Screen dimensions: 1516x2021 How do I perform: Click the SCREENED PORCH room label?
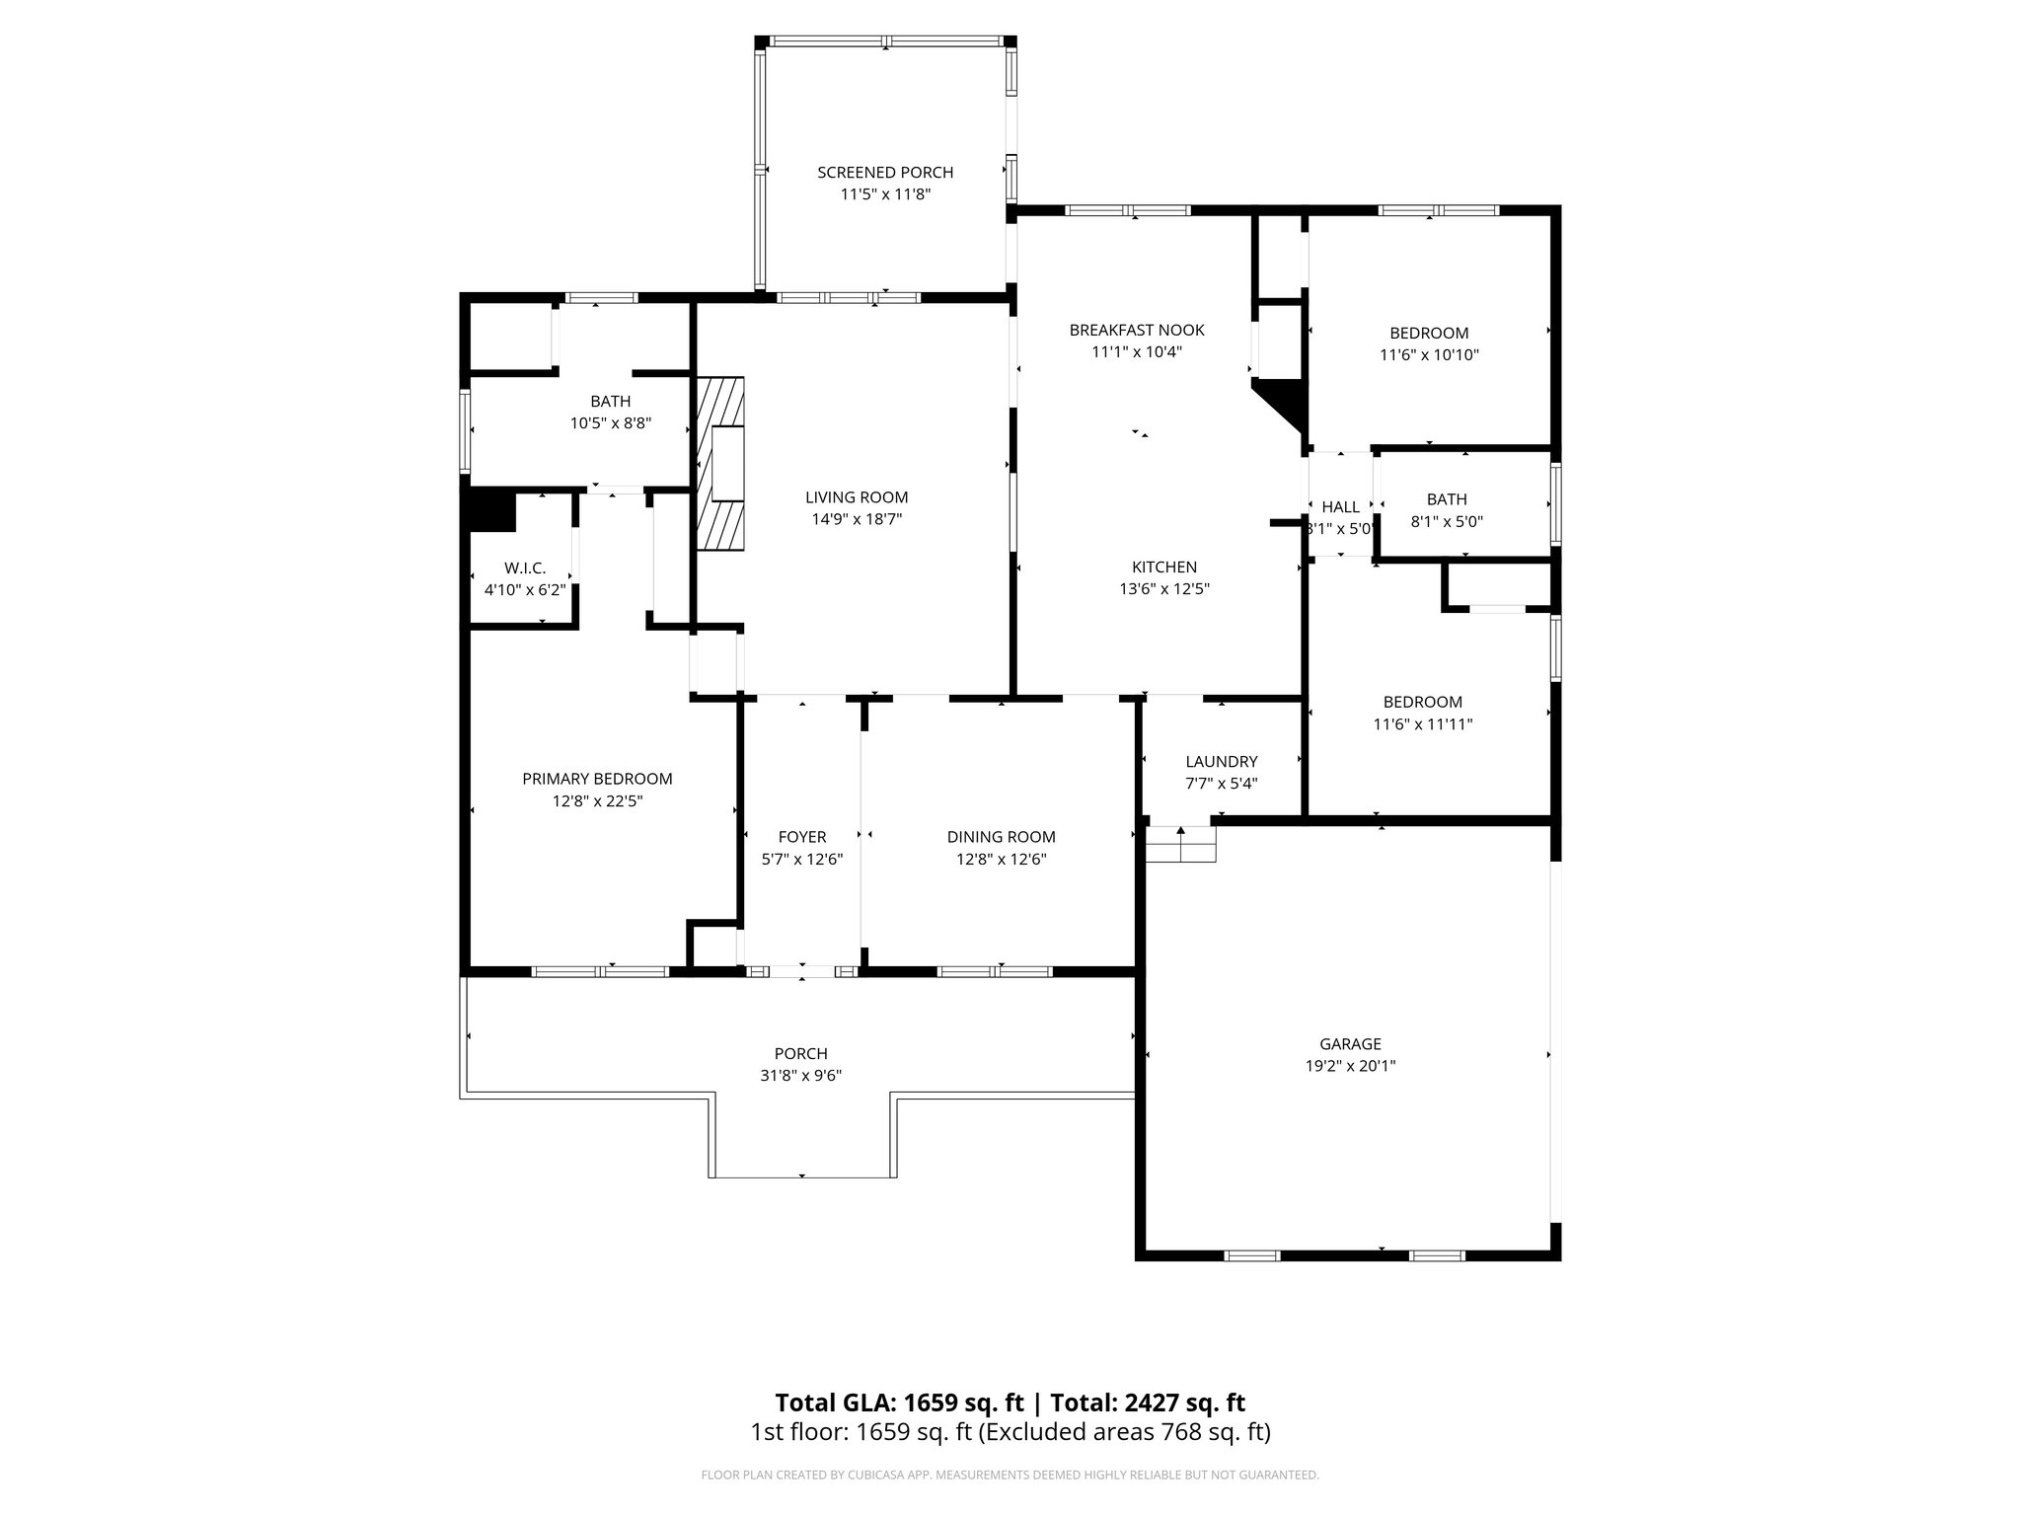pyautogui.click(x=885, y=173)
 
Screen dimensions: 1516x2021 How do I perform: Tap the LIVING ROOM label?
pyautogui.click(x=856, y=497)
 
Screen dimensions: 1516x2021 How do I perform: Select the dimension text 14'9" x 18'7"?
pyautogui.click(x=856, y=519)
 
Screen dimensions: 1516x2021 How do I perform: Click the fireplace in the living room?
pyautogui.click(x=722, y=463)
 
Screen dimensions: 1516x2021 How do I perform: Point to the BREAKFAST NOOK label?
pyautogui.click(x=1137, y=330)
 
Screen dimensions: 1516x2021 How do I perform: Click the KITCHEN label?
pyautogui.click(x=1164, y=568)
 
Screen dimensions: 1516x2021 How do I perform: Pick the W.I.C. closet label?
pyautogui.click(x=525, y=568)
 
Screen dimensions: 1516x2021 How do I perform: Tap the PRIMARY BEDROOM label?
pyautogui.click(x=597, y=779)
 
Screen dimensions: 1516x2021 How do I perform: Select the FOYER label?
pyautogui.click(x=801, y=837)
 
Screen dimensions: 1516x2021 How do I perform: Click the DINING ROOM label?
pyautogui.click(x=1001, y=837)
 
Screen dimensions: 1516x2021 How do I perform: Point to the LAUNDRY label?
pyautogui.click(x=1221, y=762)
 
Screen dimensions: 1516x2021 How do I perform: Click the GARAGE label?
pyautogui.click(x=1350, y=1044)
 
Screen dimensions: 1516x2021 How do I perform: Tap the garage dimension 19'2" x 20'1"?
pyautogui.click(x=1350, y=1066)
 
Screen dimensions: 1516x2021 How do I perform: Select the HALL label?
pyautogui.click(x=1340, y=507)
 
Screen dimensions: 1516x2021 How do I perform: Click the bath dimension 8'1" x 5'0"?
pyautogui.click(x=1447, y=521)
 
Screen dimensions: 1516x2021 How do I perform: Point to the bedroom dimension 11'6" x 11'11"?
pyautogui.click(x=1422, y=724)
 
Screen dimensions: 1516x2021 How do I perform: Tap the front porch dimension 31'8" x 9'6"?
pyautogui.click(x=800, y=1076)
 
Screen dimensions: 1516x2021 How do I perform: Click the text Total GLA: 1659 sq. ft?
pyautogui.click(x=900, y=1402)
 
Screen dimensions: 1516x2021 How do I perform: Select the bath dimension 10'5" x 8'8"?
pyautogui.click(x=610, y=423)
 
